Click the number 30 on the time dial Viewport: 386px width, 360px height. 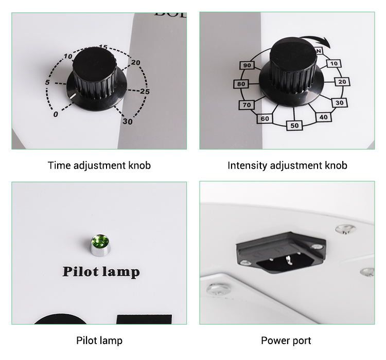127,121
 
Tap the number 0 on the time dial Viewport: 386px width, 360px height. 56,114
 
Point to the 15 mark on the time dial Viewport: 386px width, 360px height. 103,48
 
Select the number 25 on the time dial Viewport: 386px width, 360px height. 145,92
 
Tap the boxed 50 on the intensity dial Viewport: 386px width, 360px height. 294,125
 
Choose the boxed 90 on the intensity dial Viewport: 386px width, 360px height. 247,65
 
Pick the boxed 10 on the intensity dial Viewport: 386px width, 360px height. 334,64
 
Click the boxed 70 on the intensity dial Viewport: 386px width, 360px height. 247,105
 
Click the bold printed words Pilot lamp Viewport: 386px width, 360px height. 101,271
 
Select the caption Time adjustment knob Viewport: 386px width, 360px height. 99,166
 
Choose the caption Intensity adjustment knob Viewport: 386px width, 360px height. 287,166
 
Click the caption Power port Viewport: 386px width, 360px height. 286,340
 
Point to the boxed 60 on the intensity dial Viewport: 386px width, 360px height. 265,119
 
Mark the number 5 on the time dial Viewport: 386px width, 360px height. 47,83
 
